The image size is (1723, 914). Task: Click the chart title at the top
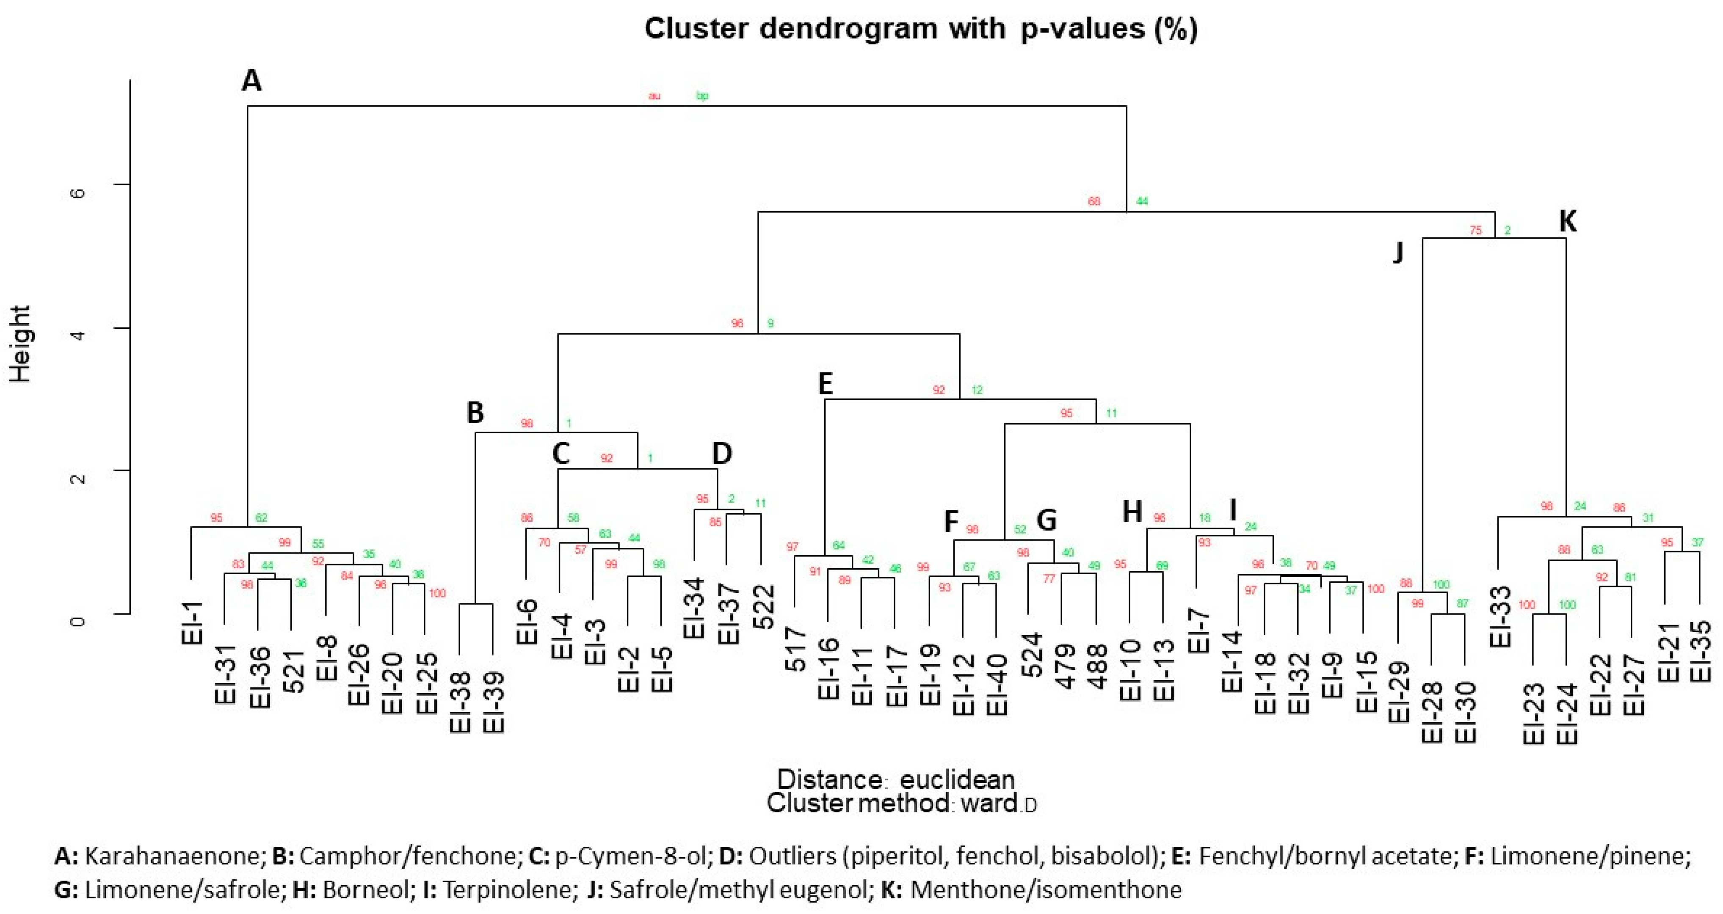[920, 29]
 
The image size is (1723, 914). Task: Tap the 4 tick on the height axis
[78, 333]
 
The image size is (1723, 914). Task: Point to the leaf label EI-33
[1500, 616]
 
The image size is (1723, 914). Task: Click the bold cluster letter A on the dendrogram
[251, 81]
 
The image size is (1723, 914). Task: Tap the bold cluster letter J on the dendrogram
[1397, 253]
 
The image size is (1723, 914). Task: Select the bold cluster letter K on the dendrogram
[1567, 220]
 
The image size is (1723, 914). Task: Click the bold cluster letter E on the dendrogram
[826, 384]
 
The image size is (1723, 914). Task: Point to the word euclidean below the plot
[957, 779]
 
